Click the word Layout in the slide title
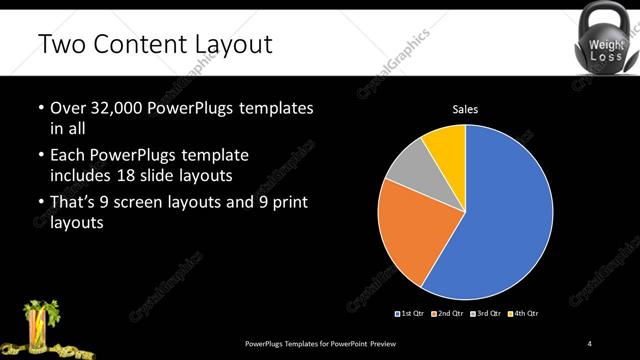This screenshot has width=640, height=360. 225,45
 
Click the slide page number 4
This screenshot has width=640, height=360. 590,344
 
